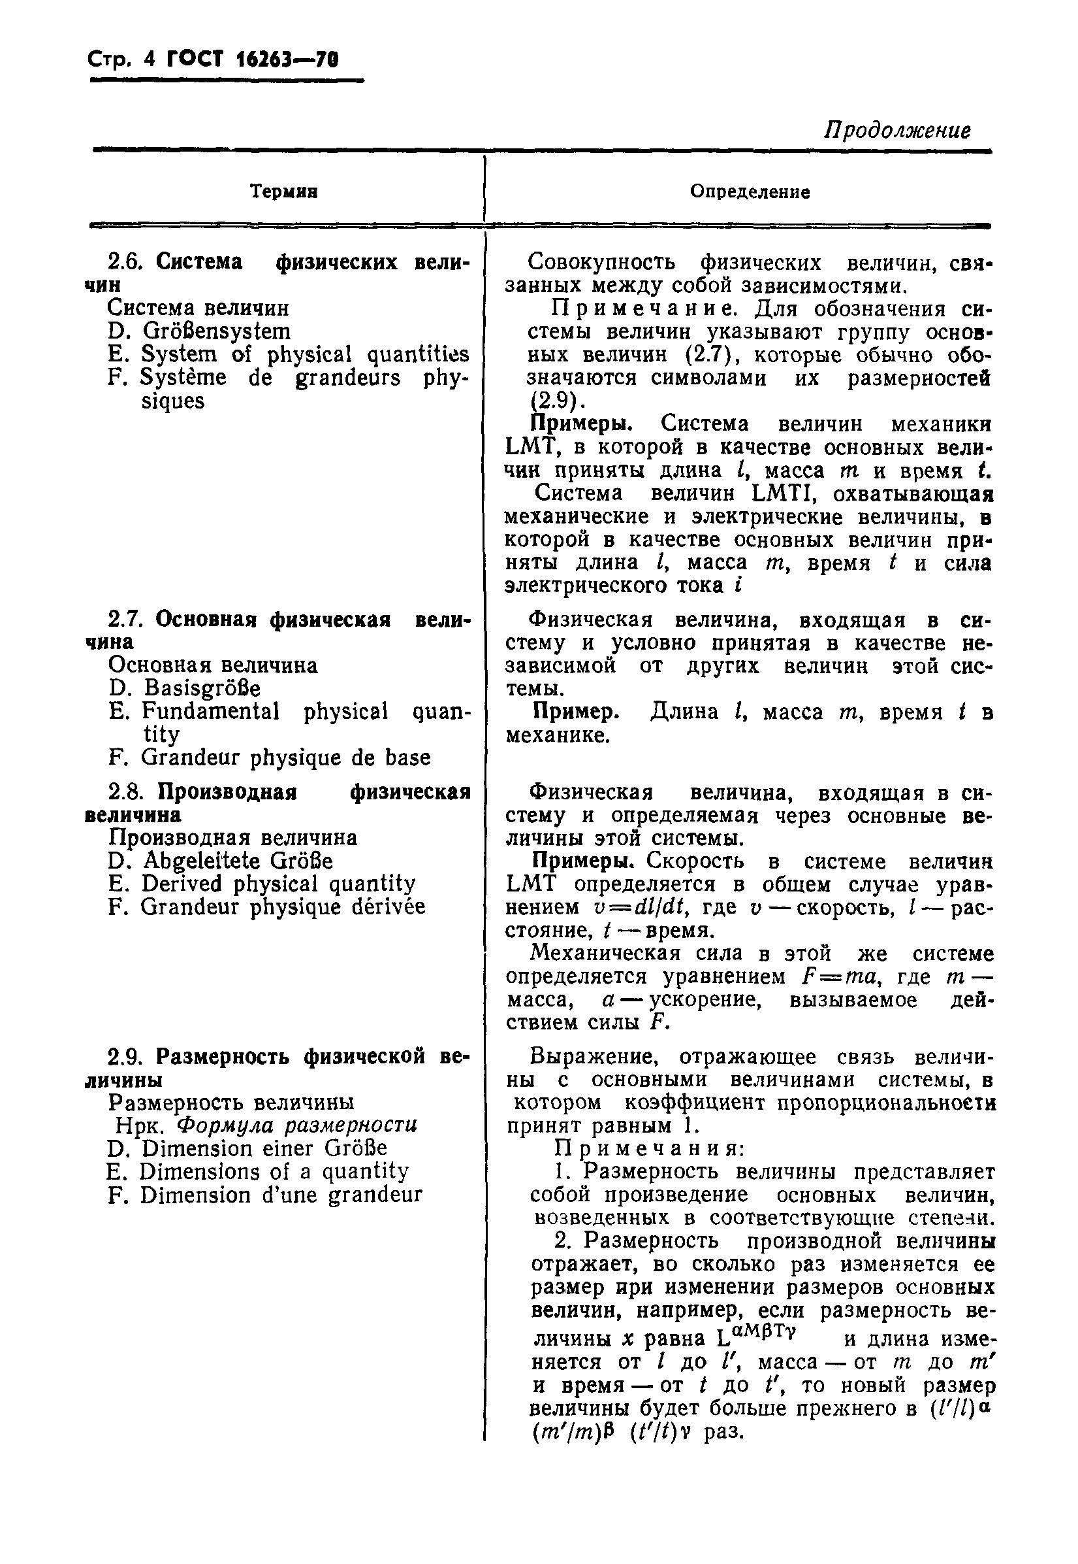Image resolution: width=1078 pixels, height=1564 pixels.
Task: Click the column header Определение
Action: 750,192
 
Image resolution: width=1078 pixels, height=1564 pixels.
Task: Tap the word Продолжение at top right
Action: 897,130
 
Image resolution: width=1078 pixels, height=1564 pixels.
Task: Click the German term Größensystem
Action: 217,331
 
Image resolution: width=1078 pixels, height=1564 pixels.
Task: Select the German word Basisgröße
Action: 202,689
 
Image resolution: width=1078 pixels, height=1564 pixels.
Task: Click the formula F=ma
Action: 838,977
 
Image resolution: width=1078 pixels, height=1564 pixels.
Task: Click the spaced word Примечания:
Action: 649,1149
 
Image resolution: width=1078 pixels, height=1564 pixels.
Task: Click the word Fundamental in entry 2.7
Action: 210,712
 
